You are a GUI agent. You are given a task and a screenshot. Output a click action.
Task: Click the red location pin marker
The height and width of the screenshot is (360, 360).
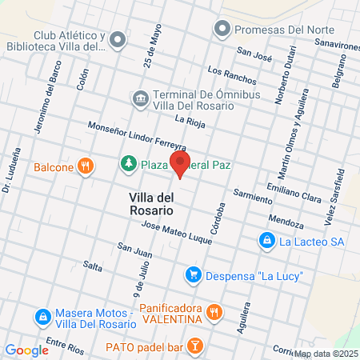(180, 165)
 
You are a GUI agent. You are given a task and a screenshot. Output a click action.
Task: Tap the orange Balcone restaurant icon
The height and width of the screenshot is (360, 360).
(86, 166)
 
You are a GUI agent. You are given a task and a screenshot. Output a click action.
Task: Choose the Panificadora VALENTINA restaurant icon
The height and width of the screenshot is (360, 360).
(213, 312)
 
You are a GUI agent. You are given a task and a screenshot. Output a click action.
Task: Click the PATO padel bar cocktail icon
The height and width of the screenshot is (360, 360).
(194, 346)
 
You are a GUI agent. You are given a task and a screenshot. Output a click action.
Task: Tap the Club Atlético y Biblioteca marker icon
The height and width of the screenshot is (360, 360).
(118, 38)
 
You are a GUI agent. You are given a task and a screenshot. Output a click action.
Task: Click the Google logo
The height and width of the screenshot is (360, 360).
(26, 350)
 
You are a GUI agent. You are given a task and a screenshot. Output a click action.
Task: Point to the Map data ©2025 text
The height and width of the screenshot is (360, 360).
(326, 354)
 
